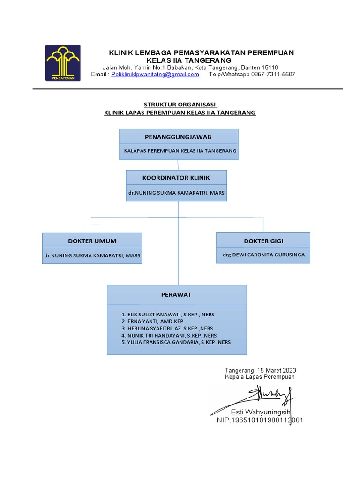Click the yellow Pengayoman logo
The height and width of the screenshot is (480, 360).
(63, 62)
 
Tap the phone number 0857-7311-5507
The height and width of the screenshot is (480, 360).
(273, 75)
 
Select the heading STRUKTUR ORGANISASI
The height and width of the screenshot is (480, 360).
(180, 105)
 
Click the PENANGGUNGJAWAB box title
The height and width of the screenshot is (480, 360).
(178, 137)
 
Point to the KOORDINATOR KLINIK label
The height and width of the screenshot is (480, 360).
(176, 178)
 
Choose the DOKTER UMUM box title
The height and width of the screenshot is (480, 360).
(92, 241)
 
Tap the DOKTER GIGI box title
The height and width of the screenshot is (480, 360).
(263, 241)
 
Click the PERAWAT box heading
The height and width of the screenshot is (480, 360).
(177, 294)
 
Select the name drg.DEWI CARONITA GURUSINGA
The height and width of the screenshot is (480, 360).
(263, 255)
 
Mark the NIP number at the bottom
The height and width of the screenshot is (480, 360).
(260, 420)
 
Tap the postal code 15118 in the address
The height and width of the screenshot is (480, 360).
(270, 67)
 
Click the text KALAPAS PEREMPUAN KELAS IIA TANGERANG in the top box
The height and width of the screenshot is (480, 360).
(180, 151)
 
